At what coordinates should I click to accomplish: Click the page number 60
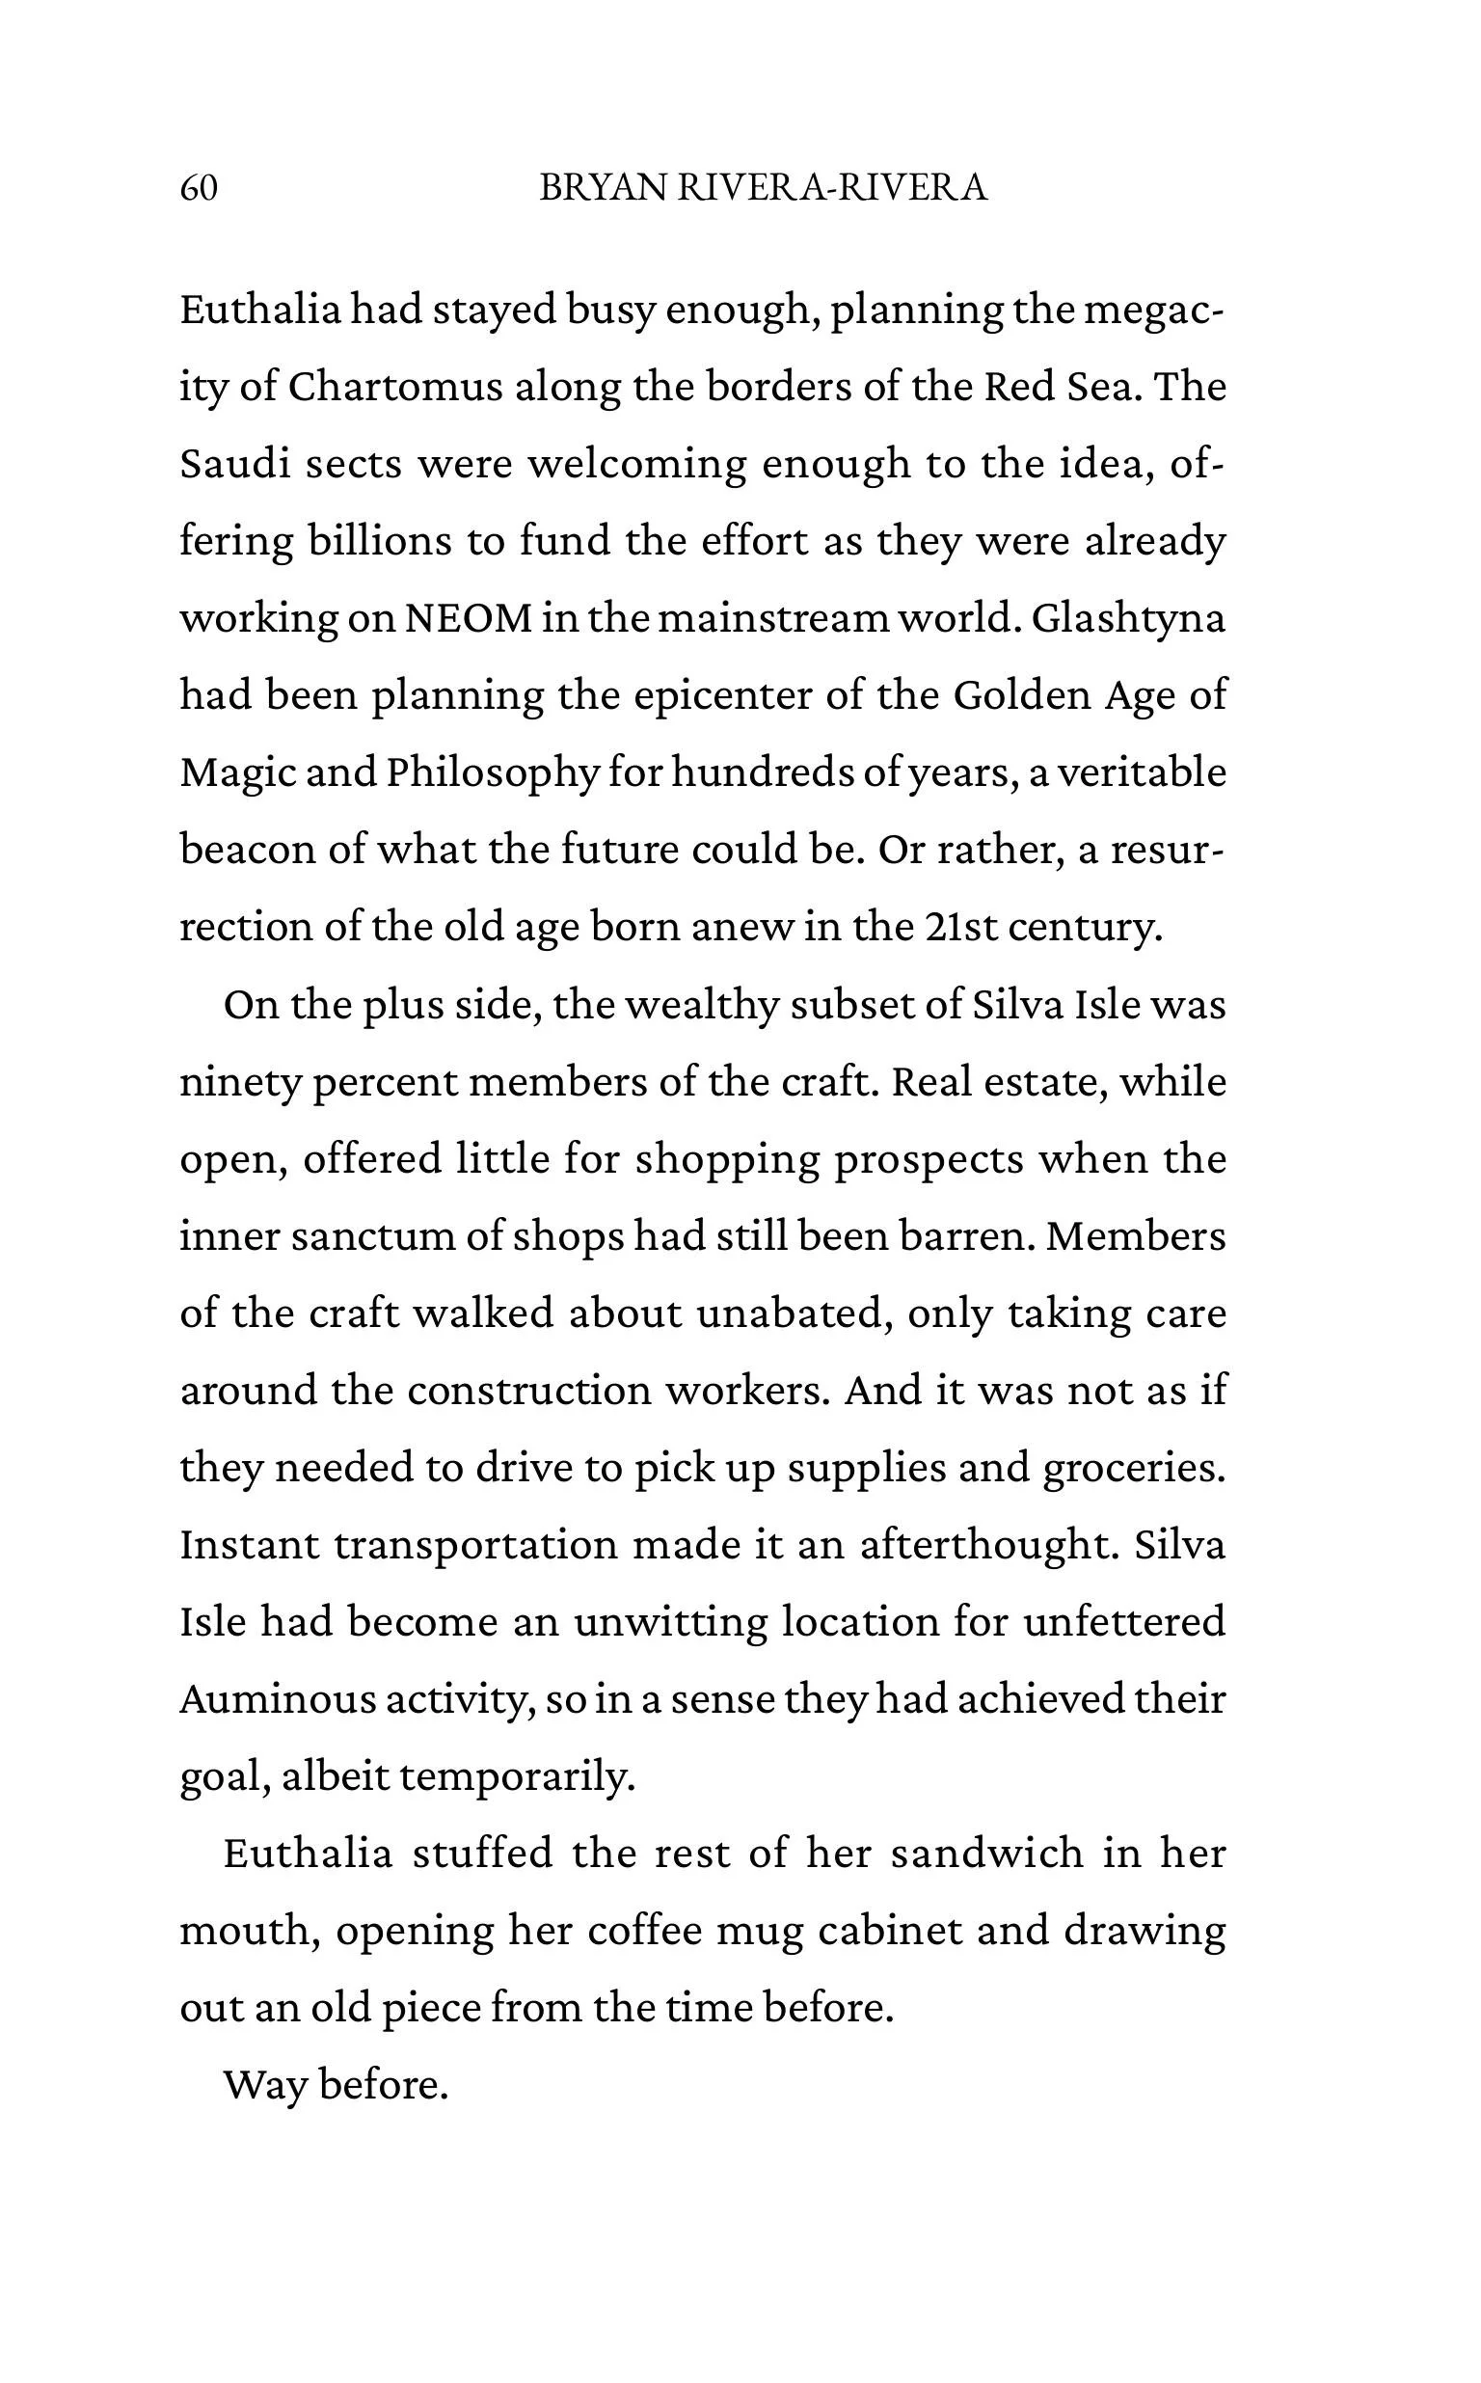point(199,187)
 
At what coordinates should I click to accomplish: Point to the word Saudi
point(235,463)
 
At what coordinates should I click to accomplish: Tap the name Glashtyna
point(1128,618)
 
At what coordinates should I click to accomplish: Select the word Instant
point(250,1545)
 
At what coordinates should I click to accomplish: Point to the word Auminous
point(277,1698)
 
